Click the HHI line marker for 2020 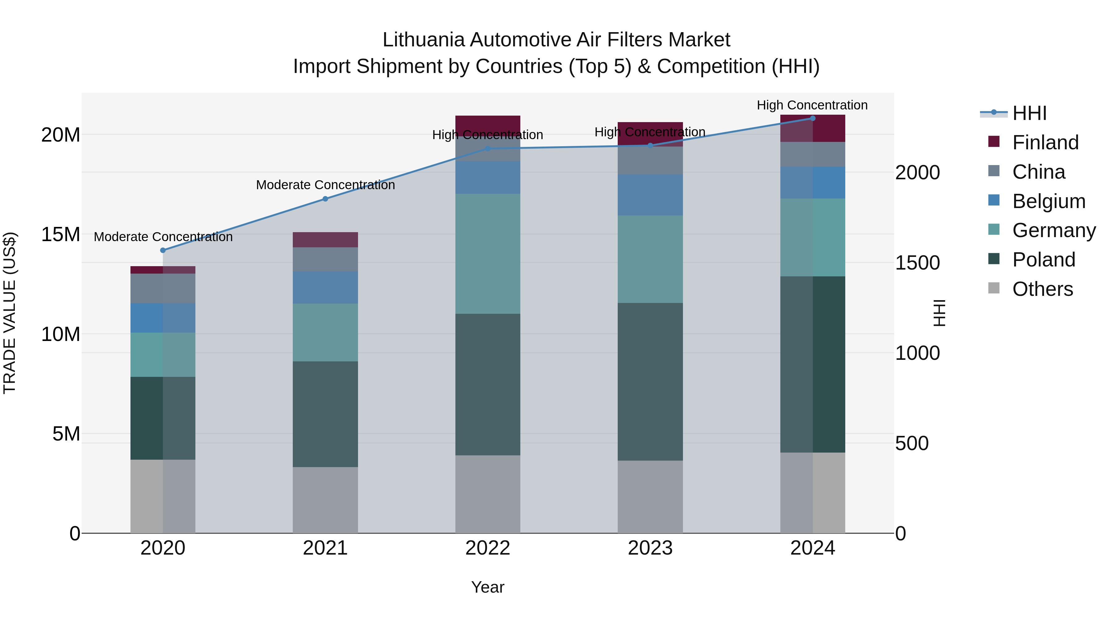163,250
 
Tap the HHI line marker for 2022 488,149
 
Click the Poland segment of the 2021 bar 325,414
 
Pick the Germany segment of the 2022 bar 488,253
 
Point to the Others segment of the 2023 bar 650,496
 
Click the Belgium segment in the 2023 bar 650,195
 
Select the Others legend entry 1043,289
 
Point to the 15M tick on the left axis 61,235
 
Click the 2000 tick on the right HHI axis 917,172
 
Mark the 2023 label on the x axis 650,548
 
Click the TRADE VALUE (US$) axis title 10,313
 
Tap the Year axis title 488,587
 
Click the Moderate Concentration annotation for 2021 325,185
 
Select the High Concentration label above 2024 812,105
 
